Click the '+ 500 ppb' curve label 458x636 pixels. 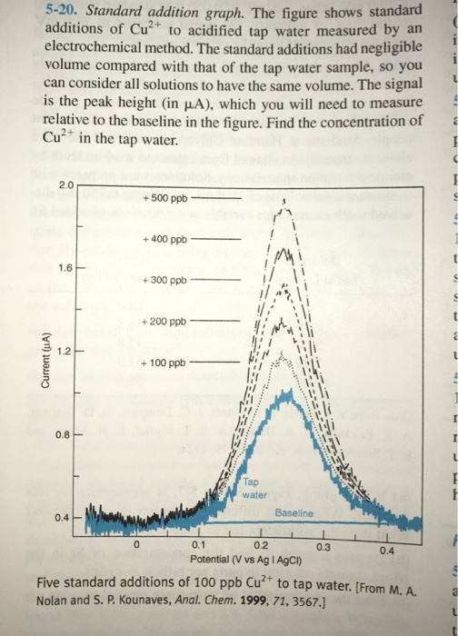[x=165, y=198]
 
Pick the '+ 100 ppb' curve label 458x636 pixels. [x=165, y=363]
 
